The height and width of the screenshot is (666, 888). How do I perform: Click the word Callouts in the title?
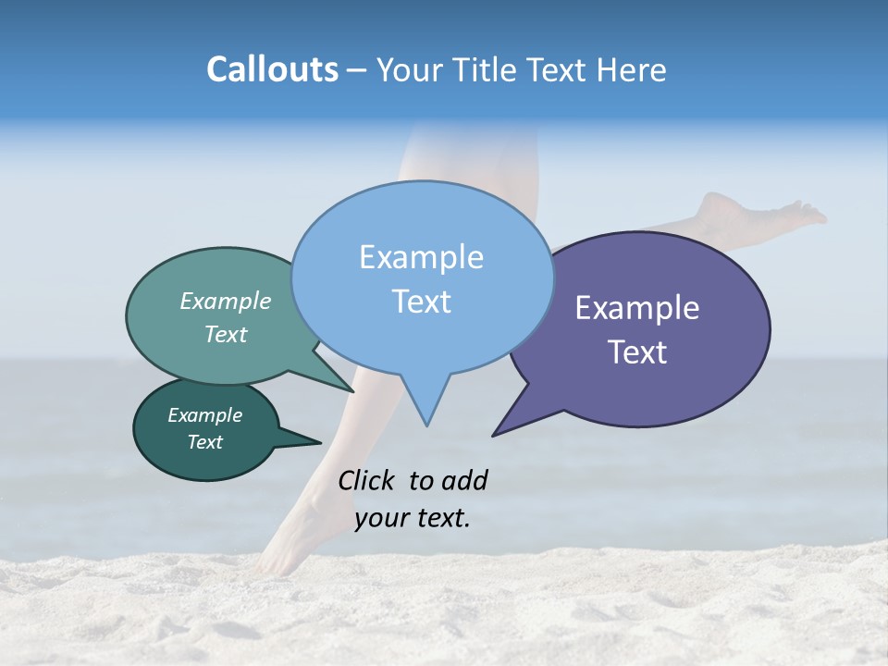point(272,69)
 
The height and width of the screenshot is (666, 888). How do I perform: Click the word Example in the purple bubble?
point(637,308)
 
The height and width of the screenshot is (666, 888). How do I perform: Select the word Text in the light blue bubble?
point(422,302)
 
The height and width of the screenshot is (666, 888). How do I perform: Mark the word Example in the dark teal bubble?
point(205,415)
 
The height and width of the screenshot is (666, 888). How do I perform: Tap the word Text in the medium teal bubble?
point(226,334)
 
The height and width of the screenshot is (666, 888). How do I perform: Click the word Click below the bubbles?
point(369,480)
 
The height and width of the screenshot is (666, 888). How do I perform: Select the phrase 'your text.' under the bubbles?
point(413,518)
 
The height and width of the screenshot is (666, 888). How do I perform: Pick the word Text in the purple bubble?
point(638,352)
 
